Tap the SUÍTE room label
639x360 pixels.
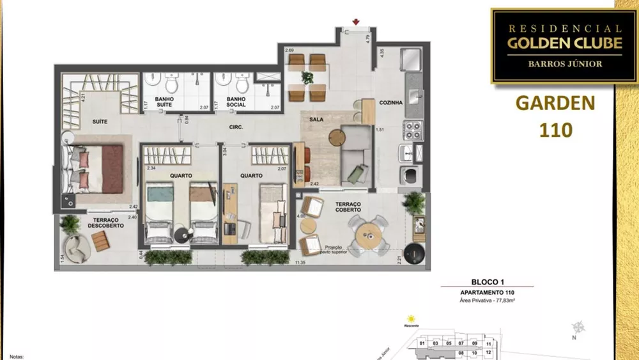coord(98,121)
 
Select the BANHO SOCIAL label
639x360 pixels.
coord(236,102)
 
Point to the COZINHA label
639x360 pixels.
coord(390,102)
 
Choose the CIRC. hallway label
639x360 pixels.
coord(236,127)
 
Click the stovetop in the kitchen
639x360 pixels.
coord(413,130)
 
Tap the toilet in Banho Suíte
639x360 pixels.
coord(171,83)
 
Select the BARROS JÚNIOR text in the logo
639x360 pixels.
coord(555,63)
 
